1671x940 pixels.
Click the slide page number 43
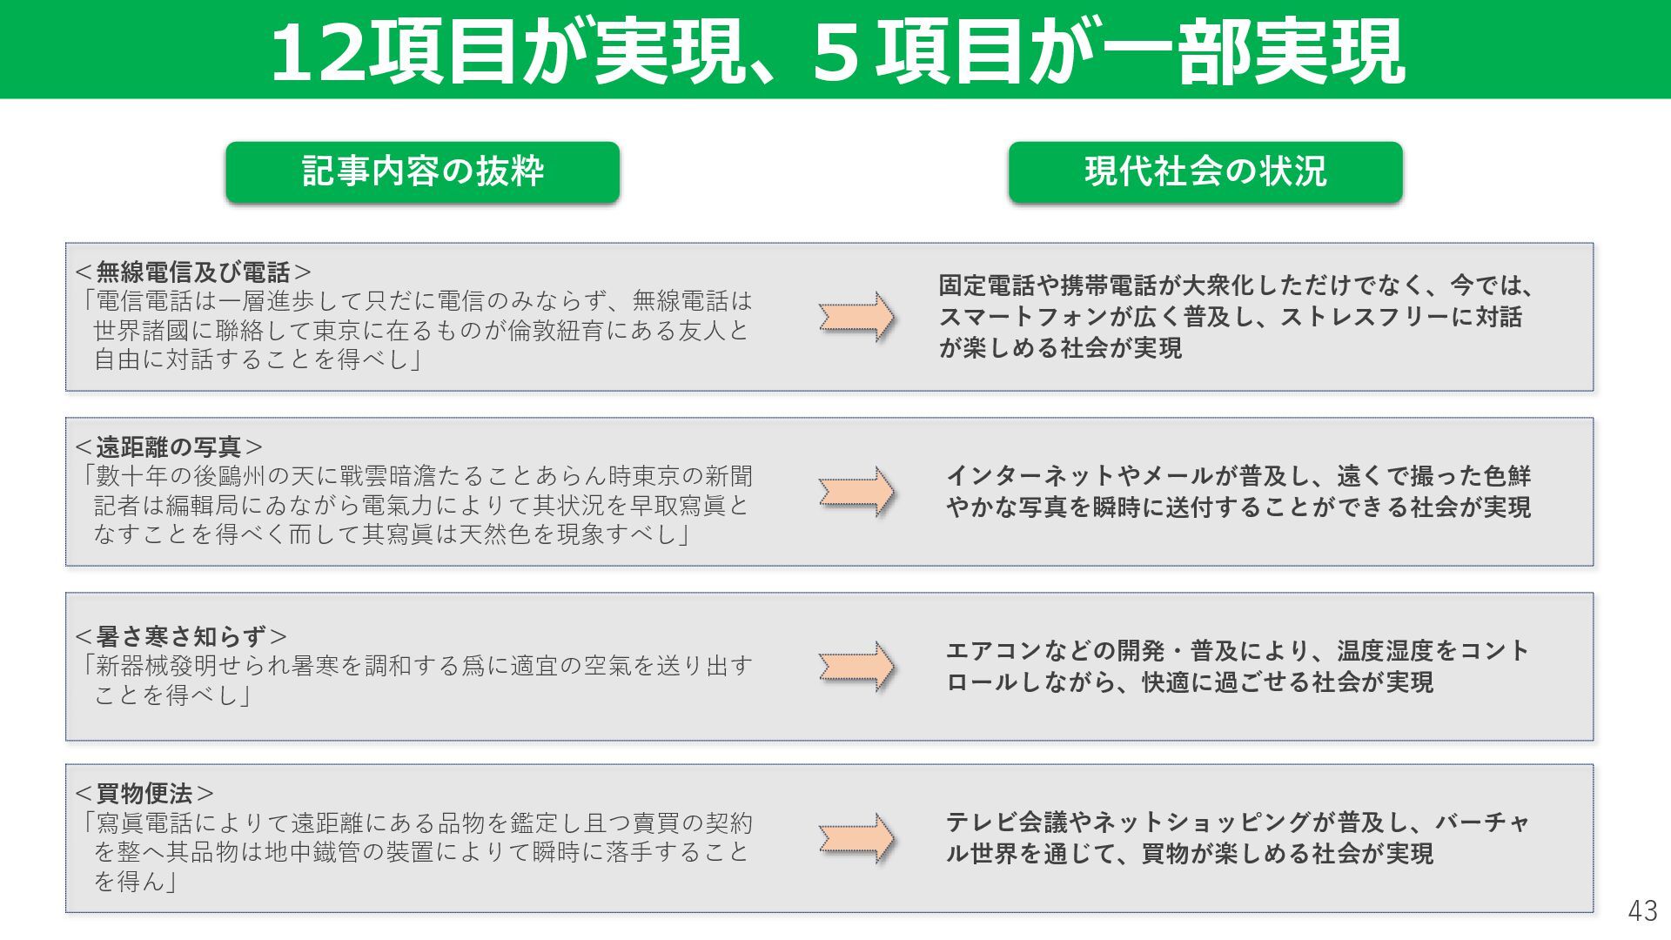tap(1642, 910)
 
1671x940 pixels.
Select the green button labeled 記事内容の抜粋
tap(423, 171)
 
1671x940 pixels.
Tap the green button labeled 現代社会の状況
tap(1205, 171)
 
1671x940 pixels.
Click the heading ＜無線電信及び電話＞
tap(193, 272)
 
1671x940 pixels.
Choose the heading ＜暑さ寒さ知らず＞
tap(181, 636)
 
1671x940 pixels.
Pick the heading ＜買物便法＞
tap(144, 794)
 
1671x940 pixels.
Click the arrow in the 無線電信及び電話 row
tap(856, 317)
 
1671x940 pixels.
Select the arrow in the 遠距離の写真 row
tap(856, 492)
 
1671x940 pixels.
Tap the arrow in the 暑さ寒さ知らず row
tap(856, 667)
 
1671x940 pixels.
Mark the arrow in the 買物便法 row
tap(856, 839)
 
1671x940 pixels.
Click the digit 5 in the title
tap(836, 53)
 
